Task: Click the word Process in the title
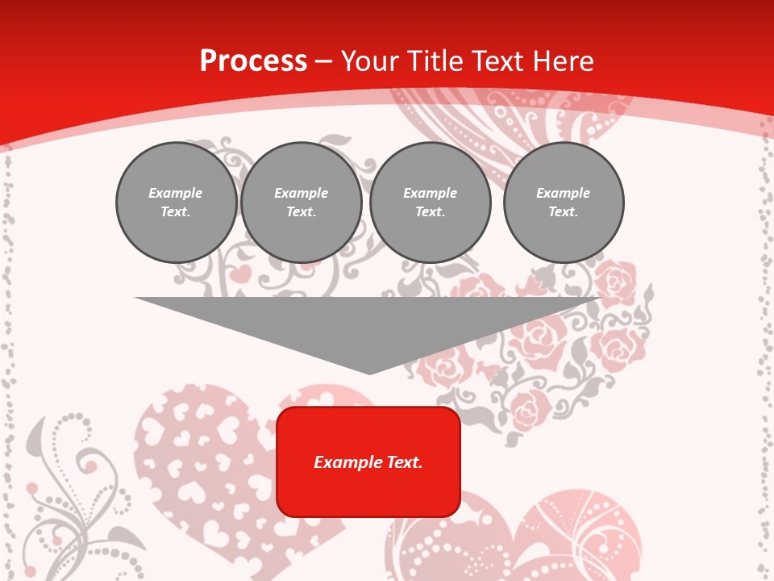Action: tap(253, 61)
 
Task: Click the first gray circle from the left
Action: tap(176, 203)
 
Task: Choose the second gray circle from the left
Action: tap(301, 203)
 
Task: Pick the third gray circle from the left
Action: tap(430, 203)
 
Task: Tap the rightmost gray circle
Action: tap(564, 203)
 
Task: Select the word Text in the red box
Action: tap(404, 462)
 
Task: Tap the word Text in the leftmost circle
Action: tap(176, 212)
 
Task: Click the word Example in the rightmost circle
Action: tap(563, 193)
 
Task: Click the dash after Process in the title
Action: tap(323, 62)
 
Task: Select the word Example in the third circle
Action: tap(430, 193)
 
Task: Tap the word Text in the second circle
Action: tap(301, 212)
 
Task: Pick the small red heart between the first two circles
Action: tap(240, 274)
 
